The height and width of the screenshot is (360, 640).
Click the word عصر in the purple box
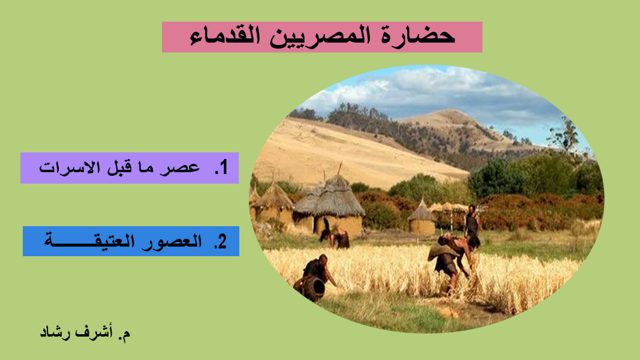pyautogui.click(x=179, y=168)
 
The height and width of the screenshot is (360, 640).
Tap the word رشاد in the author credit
pyautogui.click(x=55, y=332)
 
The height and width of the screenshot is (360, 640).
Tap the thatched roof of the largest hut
pyautogui.click(x=330, y=196)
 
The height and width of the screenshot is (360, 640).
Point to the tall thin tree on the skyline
pyautogui.click(x=566, y=134)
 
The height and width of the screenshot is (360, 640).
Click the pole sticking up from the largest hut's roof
pyautogui.click(x=339, y=169)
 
